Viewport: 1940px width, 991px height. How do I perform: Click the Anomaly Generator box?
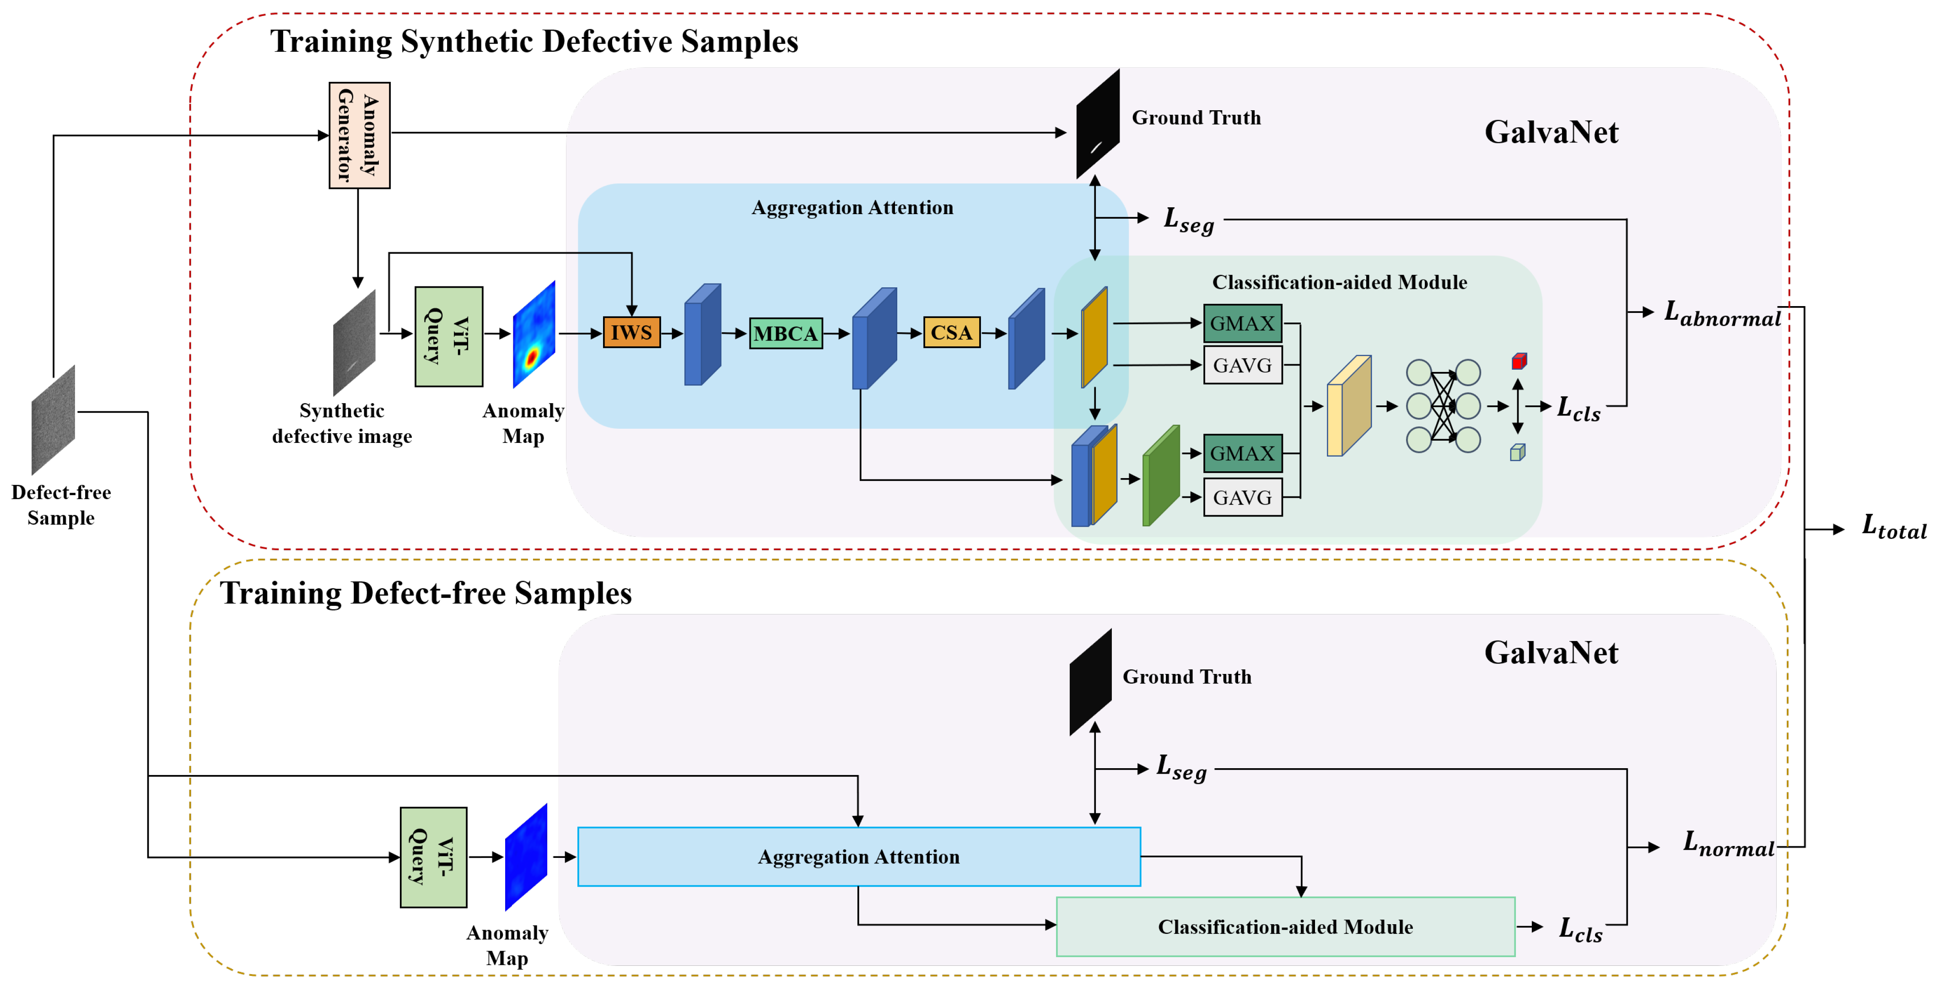(x=359, y=135)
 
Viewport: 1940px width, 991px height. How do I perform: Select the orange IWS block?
(x=631, y=332)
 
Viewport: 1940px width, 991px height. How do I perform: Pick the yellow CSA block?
(x=951, y=332)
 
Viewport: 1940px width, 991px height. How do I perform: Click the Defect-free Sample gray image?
(x=54, y=420)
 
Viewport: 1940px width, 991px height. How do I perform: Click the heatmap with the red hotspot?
(x=534, y=334)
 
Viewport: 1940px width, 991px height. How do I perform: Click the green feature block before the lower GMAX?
(x=1160, y=476)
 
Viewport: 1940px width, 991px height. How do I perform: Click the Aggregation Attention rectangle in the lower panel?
(x=858, y=857)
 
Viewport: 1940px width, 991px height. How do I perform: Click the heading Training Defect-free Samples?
(x=426, y=593)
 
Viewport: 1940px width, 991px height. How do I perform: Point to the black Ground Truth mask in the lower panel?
(x=1090, y=682)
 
